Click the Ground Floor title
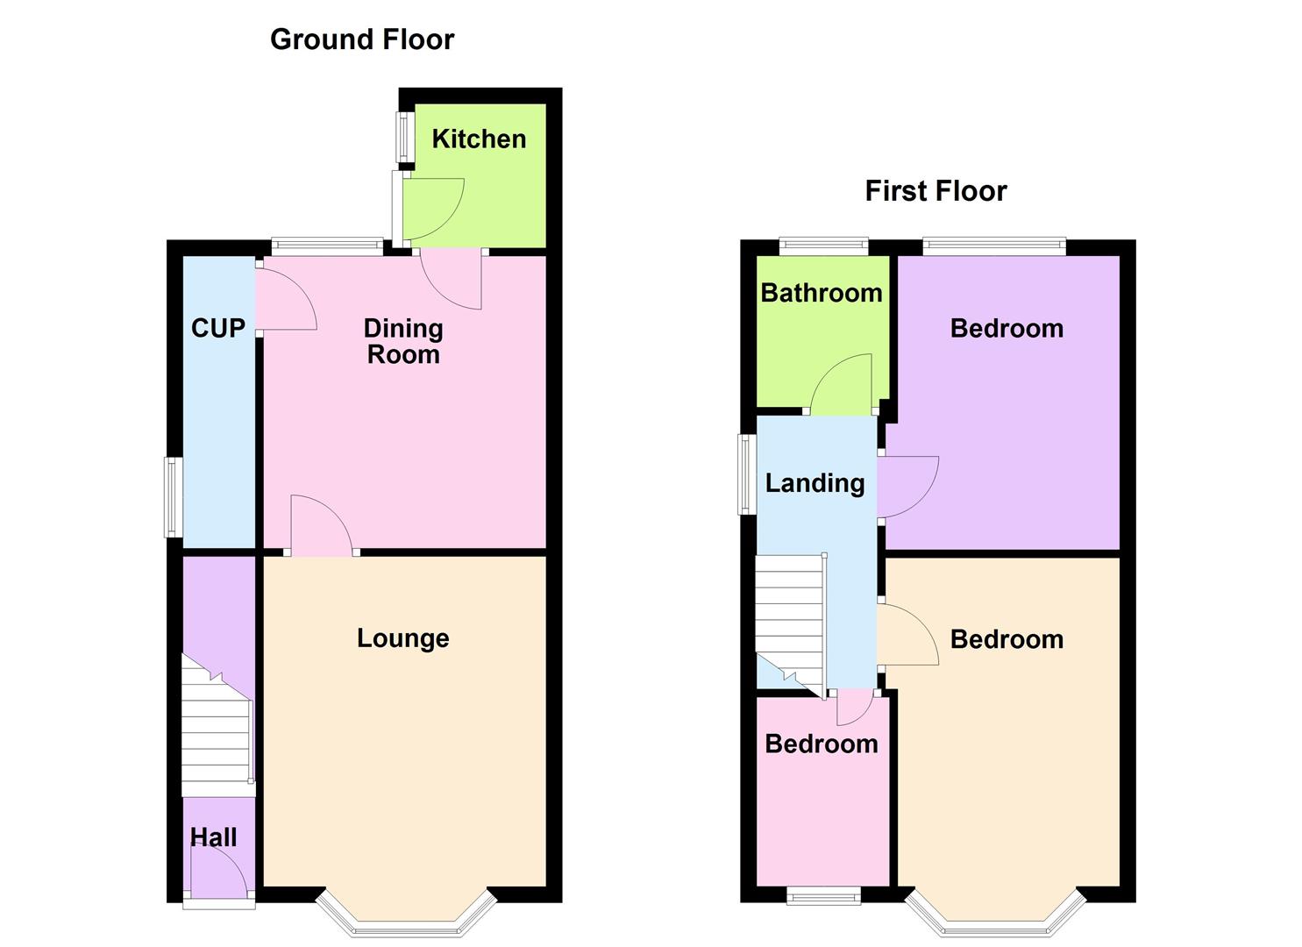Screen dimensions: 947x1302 [362, 39]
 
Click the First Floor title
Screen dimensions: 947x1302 [936, 191]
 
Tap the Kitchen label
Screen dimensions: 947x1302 [479, 139]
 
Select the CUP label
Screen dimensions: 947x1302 [217, 328]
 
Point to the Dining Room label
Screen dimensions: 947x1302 [403, 341]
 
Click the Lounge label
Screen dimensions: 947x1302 [402, 638]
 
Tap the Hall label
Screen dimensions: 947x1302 [214, 837]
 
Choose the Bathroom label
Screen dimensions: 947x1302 [822, 293]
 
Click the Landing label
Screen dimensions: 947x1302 [815, 483]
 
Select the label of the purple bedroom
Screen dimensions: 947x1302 [1007, 328]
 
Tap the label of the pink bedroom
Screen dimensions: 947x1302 [822, 744]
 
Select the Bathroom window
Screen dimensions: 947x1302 [824, 246]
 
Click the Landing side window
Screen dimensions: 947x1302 [747, 473]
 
